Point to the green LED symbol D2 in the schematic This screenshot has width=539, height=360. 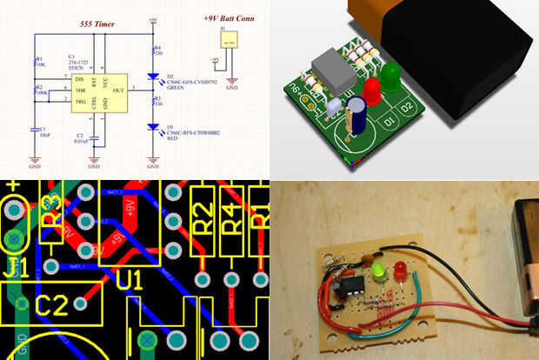pyautogui.click(x=155, y=77)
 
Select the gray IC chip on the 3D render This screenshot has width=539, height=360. pyautogui.click(x=335, y=70)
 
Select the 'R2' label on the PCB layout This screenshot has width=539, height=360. pyautogui.click(x=202, y=214)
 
